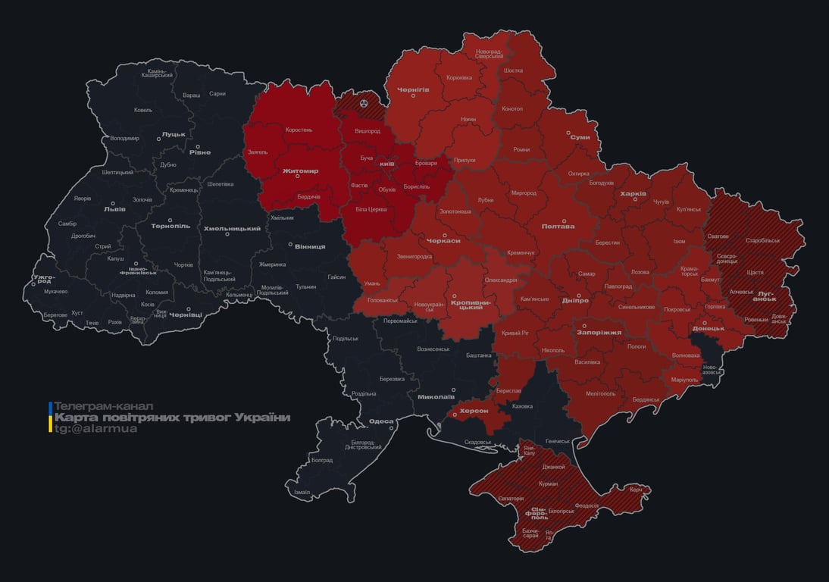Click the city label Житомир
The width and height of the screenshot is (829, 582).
click(300, 171)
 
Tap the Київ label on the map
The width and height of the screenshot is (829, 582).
click(386, 164)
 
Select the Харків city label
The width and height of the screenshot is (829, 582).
click(633, 194)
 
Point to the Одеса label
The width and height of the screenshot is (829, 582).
click(381, 421)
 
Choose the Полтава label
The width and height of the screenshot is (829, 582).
click(558, 227)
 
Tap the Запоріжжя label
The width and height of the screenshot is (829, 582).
click(599, 332)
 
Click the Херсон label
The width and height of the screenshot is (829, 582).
click(474, 410)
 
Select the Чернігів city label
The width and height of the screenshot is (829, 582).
click(414, 89)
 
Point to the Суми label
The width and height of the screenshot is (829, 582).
click(580, 137)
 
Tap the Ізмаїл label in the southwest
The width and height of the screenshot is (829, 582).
click(302, 492)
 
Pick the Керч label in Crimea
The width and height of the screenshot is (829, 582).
click(636, 490)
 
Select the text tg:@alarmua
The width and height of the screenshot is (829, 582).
click(96, 429)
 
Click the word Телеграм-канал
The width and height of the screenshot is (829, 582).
click(104, 406)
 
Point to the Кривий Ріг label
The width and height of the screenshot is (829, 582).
click(515, 333)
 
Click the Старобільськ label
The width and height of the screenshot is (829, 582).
click(762, 240)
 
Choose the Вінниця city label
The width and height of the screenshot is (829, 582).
click(310, 247)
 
